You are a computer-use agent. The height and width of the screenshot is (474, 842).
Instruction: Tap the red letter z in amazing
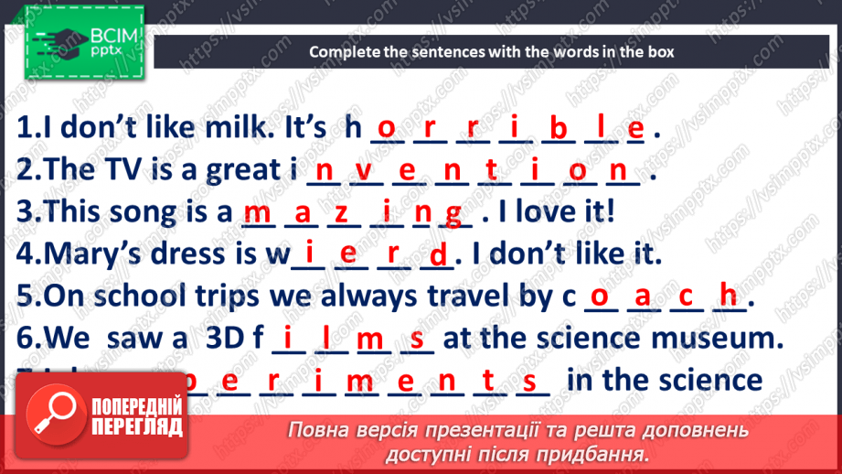tap(342, 215)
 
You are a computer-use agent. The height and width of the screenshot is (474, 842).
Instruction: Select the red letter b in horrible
tap(558, 130)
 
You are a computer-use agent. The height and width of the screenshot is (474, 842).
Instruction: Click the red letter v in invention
tap(365, 172)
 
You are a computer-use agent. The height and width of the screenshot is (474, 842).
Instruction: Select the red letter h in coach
tap(728, 296)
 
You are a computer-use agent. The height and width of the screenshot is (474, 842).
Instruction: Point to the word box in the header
tap(662, 52)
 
